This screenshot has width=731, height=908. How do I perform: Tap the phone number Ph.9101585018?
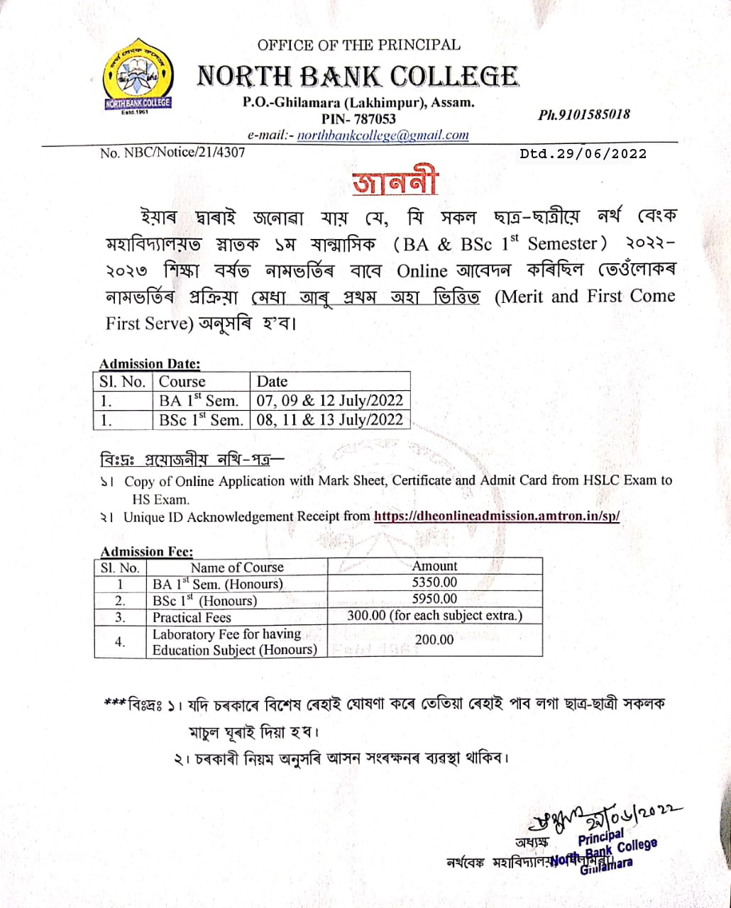pos(584,114)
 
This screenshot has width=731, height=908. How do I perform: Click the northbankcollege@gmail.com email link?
pos(383,135)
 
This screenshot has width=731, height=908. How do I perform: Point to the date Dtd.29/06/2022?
pos(583,153)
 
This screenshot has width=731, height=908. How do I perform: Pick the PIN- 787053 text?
pos(358,118)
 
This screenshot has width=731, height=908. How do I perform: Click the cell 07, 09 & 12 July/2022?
pos(330,401)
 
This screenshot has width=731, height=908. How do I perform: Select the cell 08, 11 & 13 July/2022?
pos(330,419)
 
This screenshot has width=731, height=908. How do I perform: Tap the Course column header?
pos(182,381)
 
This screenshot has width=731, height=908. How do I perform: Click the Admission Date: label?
pos(150,364)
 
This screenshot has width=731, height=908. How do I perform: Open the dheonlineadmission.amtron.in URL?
pos(497,516)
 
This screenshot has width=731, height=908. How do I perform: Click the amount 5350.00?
pos(434,582)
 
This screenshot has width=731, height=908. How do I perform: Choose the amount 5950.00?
pos(434,599)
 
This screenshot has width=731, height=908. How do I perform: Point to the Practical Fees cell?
pos(192,616)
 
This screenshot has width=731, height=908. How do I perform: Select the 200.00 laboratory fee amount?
pos(434,640)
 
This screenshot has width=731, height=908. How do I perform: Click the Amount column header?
pos(434,566)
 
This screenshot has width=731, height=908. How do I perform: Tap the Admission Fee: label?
pos(147,551)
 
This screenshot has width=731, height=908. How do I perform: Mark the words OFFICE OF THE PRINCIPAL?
pos(358,45)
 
